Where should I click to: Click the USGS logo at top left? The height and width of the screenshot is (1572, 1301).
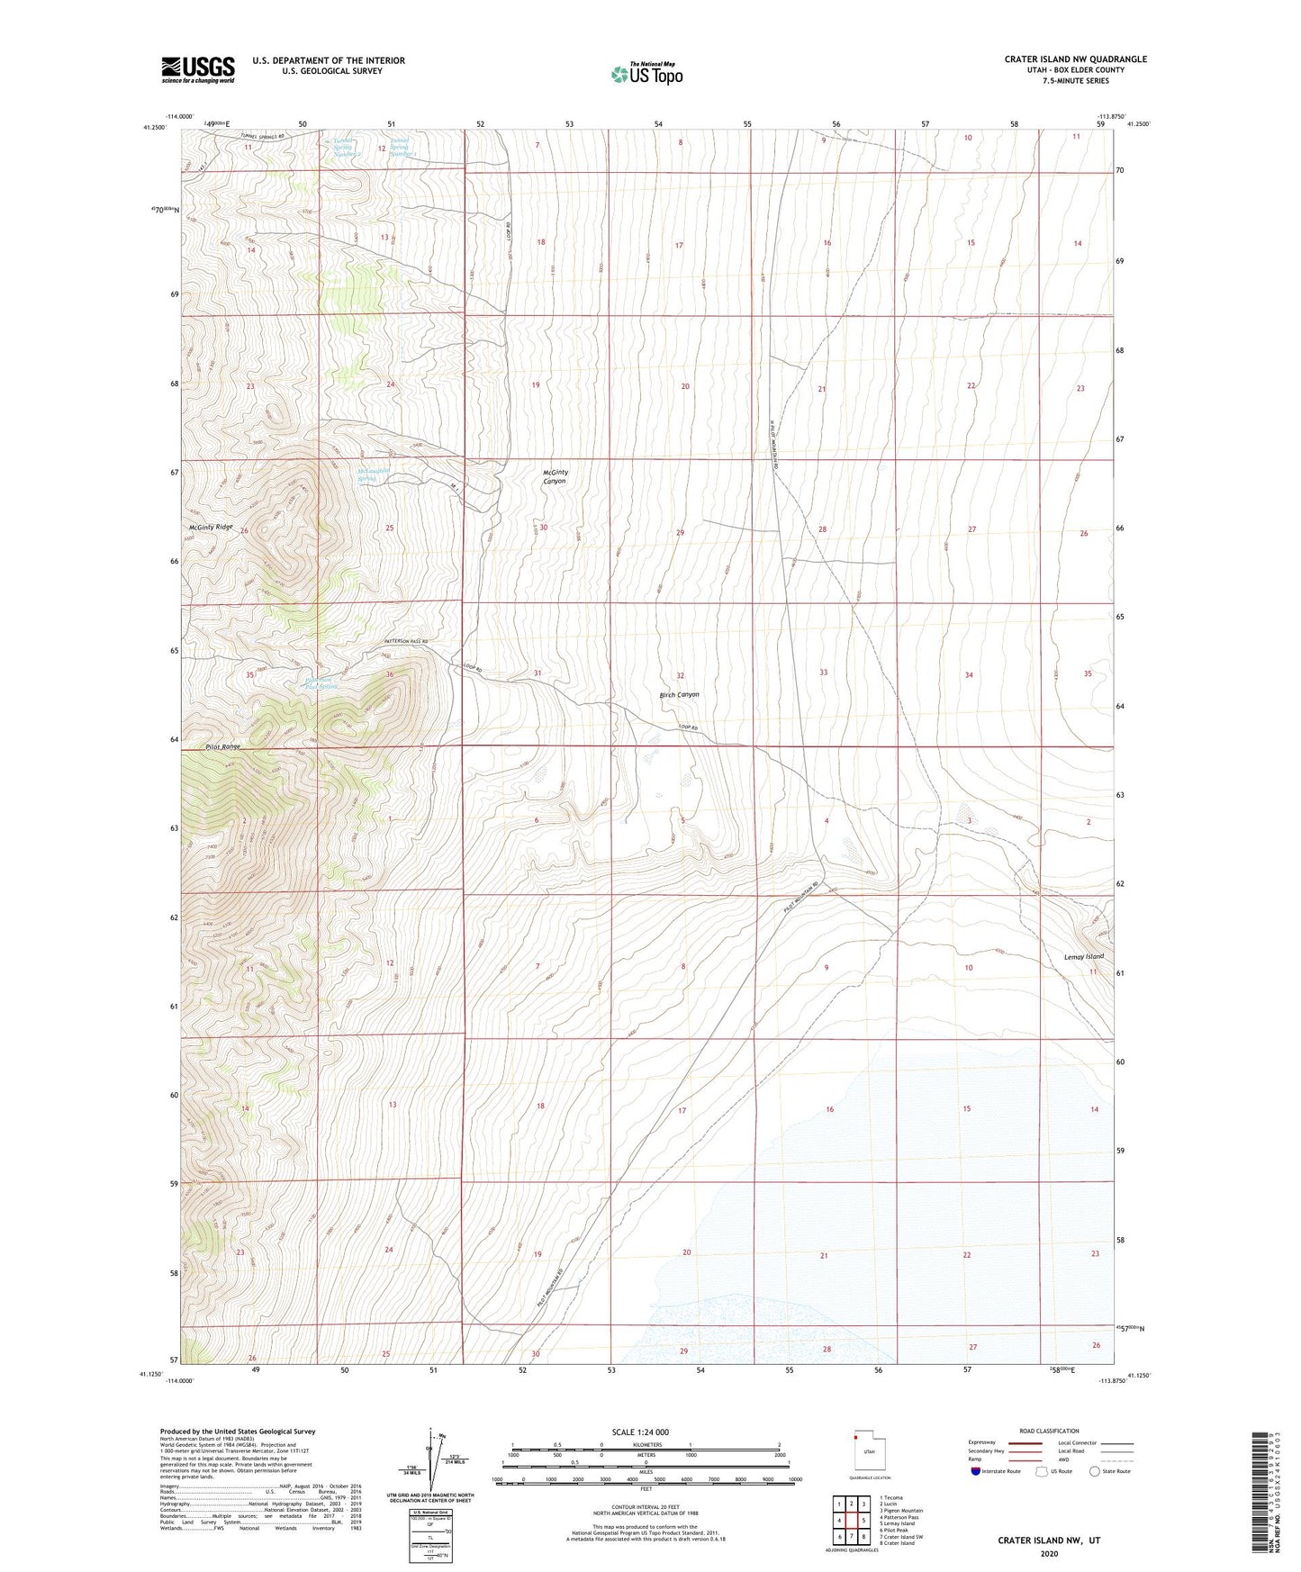click(198, 69)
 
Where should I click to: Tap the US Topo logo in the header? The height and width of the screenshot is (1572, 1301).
click(646, 74)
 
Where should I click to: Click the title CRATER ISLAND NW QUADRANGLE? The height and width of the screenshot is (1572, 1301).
click(1075, 59)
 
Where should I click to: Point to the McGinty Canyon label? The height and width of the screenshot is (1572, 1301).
click(555, 476)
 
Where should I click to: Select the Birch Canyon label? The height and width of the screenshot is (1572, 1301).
click(679, 695)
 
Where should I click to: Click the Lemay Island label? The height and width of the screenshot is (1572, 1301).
click(1083, 956)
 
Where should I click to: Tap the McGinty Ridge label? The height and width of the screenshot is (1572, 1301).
click(211, 527)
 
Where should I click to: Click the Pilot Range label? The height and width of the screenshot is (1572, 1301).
click(222, 746)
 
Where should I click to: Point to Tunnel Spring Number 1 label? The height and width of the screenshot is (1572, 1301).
click(402, 147)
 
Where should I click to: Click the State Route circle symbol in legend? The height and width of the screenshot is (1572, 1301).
click(1094, 1472)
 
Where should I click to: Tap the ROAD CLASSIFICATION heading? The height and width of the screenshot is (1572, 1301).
click(1049, 1431)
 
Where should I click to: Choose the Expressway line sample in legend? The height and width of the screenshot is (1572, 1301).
click(1024, 1443)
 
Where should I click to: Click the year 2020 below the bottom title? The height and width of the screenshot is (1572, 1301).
click(1049, 1553)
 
